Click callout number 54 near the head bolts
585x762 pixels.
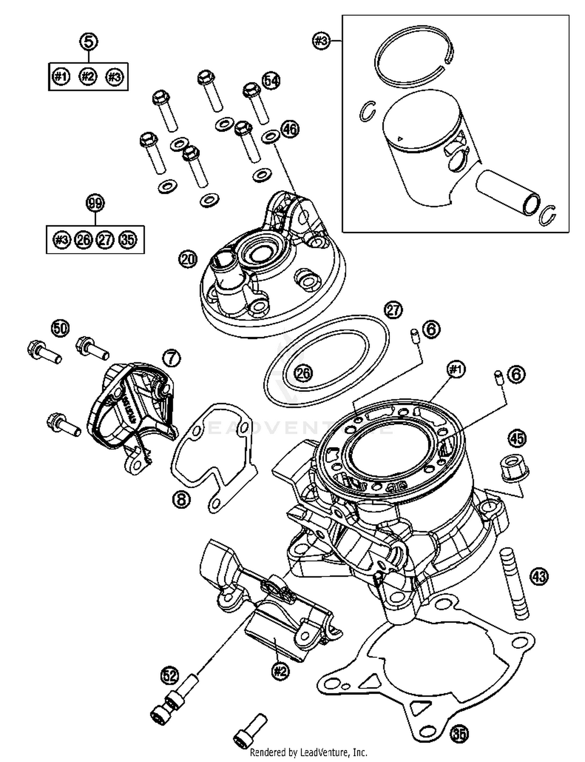coord(271,81)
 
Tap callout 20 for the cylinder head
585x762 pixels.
coord(188,259)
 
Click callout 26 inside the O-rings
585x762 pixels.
coord(303,373)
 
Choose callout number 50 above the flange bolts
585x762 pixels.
coord(60,328)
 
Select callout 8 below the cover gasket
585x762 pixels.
coord(181,499)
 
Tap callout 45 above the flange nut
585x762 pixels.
coord(517,438)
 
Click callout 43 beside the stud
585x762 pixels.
coord(539,576)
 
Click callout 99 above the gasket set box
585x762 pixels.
coord(95,203)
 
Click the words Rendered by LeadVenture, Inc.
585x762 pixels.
coord(308,752)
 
